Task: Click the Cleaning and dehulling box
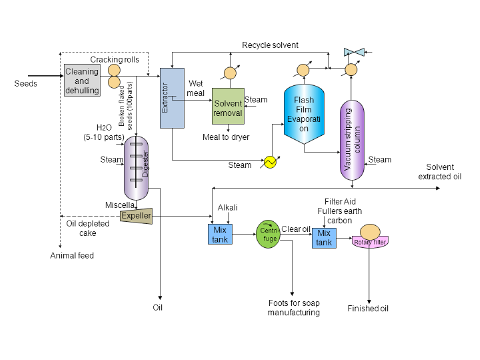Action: click(x=82, y=80)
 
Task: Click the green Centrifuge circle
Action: click(x=267, y=235)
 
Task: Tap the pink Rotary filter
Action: click(x=369, y=241)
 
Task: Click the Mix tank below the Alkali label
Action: click(x=219, y=235)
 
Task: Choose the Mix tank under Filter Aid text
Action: click(x=324, y=238)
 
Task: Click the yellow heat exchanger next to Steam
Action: click(x=270, y=163)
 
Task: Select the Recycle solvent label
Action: click(x=270, y=45)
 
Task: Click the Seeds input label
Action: click(x=25, y=84)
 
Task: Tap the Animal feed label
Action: click(x=72, y=255)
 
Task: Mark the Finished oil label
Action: click(x=368, y=309)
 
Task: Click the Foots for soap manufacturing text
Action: click(x=293, y=307)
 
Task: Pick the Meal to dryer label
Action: click(x=226, y=137)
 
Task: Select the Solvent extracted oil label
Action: click(x=439, y=172)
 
